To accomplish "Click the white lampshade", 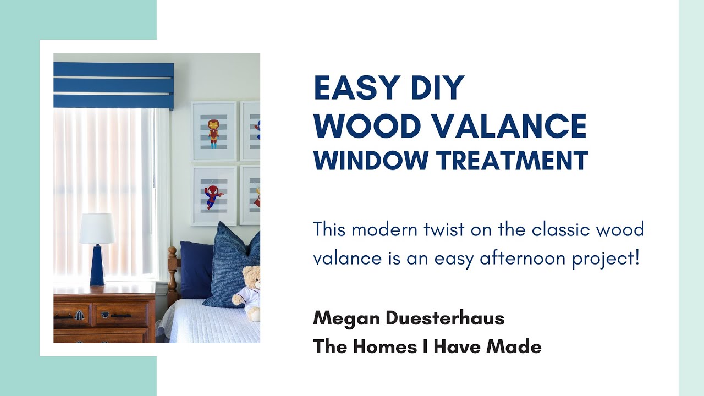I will (x=97, y=228).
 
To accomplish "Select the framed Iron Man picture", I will (x=214, y=131).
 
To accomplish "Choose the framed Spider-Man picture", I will (x=214, y=195).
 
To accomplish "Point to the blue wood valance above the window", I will (x=113, y=85).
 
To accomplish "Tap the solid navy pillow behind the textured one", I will (x=196, y=269).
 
